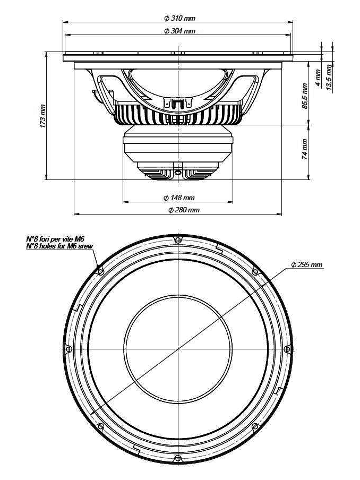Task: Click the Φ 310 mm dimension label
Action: tap(179, 19)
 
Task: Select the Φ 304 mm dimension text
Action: tap(179, 31)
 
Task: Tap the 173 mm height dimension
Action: tap(43, 116)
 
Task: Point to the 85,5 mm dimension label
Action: tap(305, 96)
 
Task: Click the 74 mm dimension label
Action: tap(305, 149)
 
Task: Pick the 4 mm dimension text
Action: tap(318, 78)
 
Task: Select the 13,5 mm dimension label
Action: tap(329, 77)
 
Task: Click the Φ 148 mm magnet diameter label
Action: tap(179, 198)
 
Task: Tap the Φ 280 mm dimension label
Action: tap(184, 210)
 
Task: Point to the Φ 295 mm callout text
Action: tap(307, 264)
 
